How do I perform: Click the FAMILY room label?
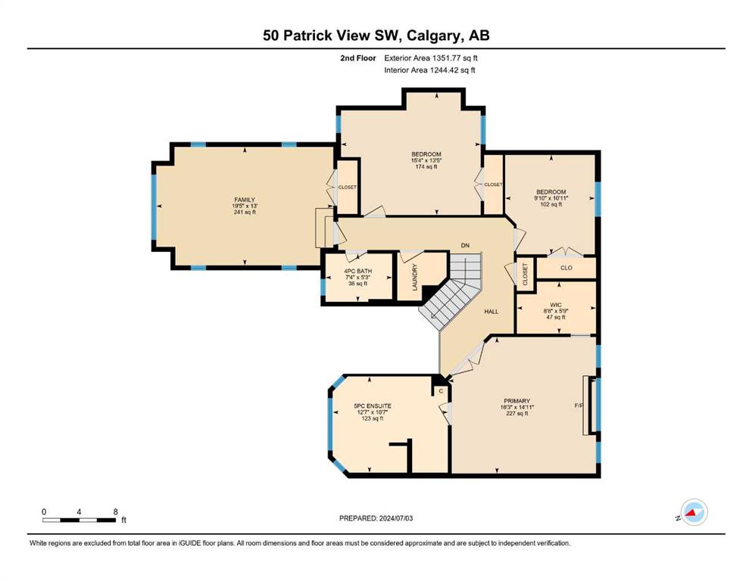245,200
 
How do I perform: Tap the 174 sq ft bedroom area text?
426,166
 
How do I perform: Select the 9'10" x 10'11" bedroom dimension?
551,197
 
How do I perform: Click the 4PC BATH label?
358,271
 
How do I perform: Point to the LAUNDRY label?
415,277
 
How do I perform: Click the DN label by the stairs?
465,245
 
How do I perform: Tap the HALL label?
491,312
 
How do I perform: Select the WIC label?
556,305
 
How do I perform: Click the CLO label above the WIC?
566,268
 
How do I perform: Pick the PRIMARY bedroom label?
517,401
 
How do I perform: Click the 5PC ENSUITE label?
373,406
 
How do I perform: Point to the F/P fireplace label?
579,405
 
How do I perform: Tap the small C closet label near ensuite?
442,391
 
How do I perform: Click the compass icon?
694,512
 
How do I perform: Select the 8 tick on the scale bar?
116,511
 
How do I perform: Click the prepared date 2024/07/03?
395,518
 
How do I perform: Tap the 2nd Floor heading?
358,58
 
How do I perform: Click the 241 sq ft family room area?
245,212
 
